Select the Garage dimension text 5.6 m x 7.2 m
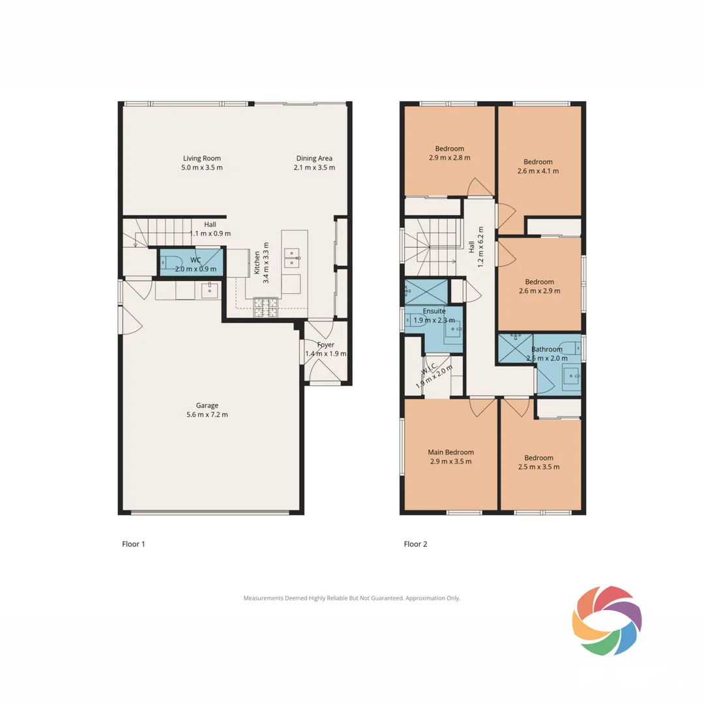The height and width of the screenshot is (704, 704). pos(209,415)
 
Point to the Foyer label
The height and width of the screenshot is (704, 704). pos(325,345)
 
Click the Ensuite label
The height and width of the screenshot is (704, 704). pos(434,312)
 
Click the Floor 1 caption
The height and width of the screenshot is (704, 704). pos(133,544)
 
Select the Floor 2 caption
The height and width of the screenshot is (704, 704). pos(415,544)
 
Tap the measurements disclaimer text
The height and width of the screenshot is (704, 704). pos(351,598)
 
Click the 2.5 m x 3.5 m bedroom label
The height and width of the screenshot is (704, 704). pos(538,462)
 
